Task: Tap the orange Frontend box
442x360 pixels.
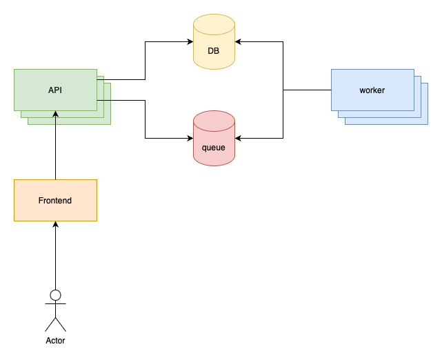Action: pyautogui.click(x=55, y=200)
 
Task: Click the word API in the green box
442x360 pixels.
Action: pyautogui.click(x=55, y=90)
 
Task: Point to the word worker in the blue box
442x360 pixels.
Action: pyautogui.click(x=372, y=90)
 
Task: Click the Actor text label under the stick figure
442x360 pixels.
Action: pyautogui.click(x=55, y=341)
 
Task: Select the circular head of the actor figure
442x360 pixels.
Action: pyautogui.click(x=55, y=295)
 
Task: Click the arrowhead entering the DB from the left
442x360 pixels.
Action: pyautogui.click(x=190, y=42)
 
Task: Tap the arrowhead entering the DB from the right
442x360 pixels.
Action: pyautogui.click(x=239, y=42)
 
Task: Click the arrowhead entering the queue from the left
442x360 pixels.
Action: pyautogui.click(x=190, y=139)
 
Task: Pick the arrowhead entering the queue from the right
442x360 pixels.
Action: pyautogui.click(x=239, y=139)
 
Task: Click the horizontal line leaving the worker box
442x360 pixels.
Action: pyautogui.click(x=307, y=90)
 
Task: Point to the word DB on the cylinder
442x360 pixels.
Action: pyautogui.click(x=214, y=50)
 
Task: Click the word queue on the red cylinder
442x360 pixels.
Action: pyautogui.click(x=214, y=147)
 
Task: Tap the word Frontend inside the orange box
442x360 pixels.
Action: pyautogui.click(x=55, y=201)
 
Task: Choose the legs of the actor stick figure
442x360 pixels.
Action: pyautogui.click(x=55, y=324)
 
